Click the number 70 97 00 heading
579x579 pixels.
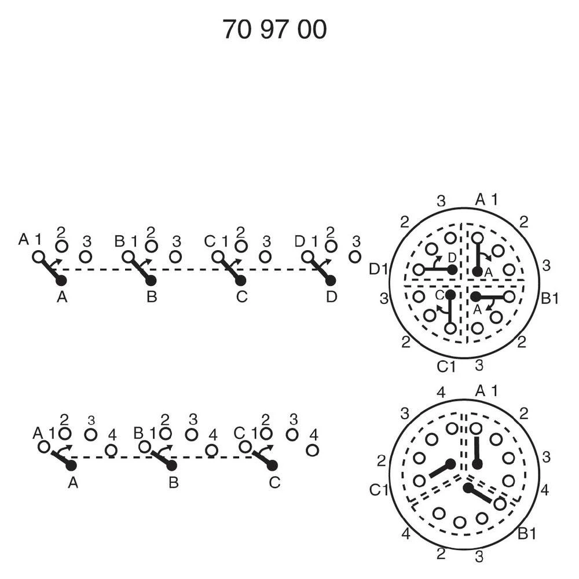[x=274, y=29]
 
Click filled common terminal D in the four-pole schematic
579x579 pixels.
[x=331, y=281]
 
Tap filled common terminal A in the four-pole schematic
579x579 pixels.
[x=61, y=281]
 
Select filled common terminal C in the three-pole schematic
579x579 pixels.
[x=272, y=466]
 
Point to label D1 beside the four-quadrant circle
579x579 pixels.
[x=379, y=270]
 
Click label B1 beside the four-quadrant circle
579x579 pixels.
[x=550, y=298]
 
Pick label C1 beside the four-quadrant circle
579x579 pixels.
[x=446, y=367]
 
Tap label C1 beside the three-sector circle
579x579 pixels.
[x=379, y=490]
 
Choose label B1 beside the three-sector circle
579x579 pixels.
[x=527, y=534]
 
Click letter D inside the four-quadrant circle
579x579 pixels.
[x=452, y=257]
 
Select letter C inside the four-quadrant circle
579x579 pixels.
[x=440, y=295]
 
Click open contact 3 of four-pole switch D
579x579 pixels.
[x=355, y=256]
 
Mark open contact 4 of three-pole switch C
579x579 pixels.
[x=313, y=450]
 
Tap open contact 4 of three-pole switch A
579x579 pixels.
[x=111, y=450]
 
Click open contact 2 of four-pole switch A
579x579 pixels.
[x=62, y=245]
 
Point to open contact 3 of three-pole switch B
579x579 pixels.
[x=191, y=435]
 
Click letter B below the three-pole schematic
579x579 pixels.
[x=174, y=483]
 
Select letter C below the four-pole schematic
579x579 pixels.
[x=241, y=296]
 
